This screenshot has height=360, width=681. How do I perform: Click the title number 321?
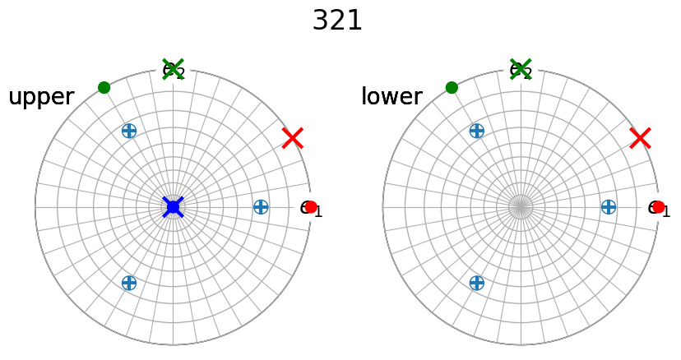click(337, 21)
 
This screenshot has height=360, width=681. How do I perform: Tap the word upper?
click(41, 97)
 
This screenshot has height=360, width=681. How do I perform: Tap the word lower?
click(391, 97)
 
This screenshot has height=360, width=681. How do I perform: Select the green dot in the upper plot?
click(104, 88)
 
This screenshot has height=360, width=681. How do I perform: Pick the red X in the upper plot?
click(292, 138)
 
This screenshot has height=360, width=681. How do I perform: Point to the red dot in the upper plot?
click(311, 207)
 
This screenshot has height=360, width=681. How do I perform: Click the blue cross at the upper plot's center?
click(173, 206)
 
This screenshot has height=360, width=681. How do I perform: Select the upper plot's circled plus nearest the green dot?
click(128, 130)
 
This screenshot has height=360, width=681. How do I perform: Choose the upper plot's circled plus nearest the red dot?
click(261, 207)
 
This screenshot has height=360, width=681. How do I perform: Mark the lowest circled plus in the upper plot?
click(128, 283)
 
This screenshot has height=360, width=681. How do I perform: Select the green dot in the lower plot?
click(452, 88)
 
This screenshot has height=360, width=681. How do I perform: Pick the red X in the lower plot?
click(640, 138)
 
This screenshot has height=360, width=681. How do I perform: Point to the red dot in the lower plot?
click(658, 207)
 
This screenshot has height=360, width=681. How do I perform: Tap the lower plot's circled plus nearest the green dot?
click(476, 130)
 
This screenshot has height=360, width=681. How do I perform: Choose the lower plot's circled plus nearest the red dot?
click(609, 207)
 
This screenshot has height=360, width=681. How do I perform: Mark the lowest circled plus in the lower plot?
click(476, 283)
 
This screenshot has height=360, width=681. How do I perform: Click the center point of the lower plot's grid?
click(521, 207)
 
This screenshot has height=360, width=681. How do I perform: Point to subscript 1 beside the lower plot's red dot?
click(666, 213)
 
